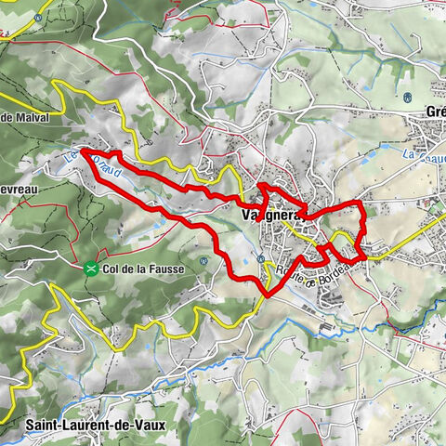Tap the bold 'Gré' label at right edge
tap(435, 111)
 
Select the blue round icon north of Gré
tap(406, 96)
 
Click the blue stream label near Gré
tap(424, 158)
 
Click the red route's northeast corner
tap(361, 203)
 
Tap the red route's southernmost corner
tap(268, 295)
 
